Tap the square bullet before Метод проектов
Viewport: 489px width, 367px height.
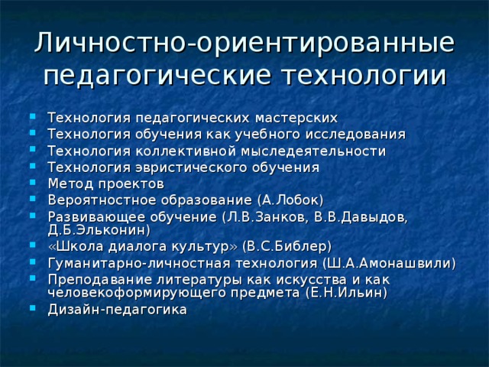(29, 183)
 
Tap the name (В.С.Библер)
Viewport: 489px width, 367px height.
(286, 246)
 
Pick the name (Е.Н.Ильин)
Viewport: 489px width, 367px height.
(345, 292)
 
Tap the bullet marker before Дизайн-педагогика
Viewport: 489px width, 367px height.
(29, 309)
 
